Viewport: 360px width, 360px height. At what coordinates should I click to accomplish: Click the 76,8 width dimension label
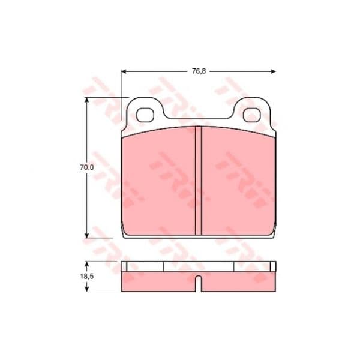pyautogui.click(x=199, y=71)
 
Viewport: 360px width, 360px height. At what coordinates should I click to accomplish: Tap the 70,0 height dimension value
pyautogui.click(x=87, y=167)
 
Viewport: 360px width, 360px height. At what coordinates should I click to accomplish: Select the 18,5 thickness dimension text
pyautogui.click(x=87, y=277)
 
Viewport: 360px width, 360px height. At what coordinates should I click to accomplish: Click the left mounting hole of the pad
pyautogui.click(x=145, y=115)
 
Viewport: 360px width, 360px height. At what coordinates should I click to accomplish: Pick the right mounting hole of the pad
pyautogui.click(x=252, y=115)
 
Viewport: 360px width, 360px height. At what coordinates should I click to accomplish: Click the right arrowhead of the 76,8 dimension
pyautogui.click(x=273, y=71)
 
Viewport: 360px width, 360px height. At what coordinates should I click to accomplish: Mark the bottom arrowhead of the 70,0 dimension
pyautogui.click(x=86, y=235)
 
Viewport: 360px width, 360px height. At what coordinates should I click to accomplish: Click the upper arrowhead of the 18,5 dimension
pyautogui.click(x=86, y=265)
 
